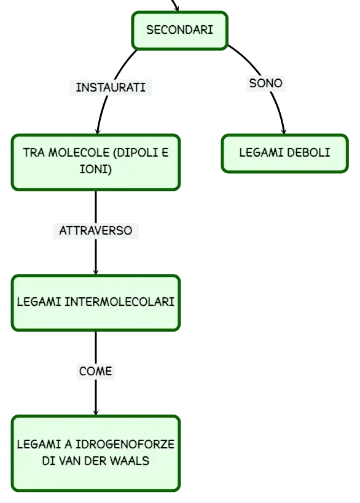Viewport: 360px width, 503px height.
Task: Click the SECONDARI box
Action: (179, 31)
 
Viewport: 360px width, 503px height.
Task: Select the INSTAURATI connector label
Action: (111, 87)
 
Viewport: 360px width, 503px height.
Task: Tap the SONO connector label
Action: (265, 83)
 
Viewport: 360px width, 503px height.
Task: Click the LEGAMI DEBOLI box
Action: (284, 154)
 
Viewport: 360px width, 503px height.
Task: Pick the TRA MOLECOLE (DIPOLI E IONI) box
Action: (96, 162)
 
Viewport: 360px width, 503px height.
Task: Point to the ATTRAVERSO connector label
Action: (96, 231)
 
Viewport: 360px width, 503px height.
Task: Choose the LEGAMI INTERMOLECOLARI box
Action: (96, 303)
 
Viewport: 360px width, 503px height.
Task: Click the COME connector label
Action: (96, 371)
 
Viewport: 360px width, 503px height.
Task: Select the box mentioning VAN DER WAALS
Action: (96, 453)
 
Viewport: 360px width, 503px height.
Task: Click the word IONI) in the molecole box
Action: (96, 169)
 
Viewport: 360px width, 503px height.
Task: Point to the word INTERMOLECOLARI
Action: (119, 302)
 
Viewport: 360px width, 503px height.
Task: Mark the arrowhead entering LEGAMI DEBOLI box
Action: (284, 131)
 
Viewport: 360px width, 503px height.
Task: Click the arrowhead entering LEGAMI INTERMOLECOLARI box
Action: (96, 271)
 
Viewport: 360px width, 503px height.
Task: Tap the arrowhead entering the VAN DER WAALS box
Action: (96, 412)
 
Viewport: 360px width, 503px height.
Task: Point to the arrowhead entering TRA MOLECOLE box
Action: (98, 131)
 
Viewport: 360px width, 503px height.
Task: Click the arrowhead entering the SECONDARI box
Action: (176, 9)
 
